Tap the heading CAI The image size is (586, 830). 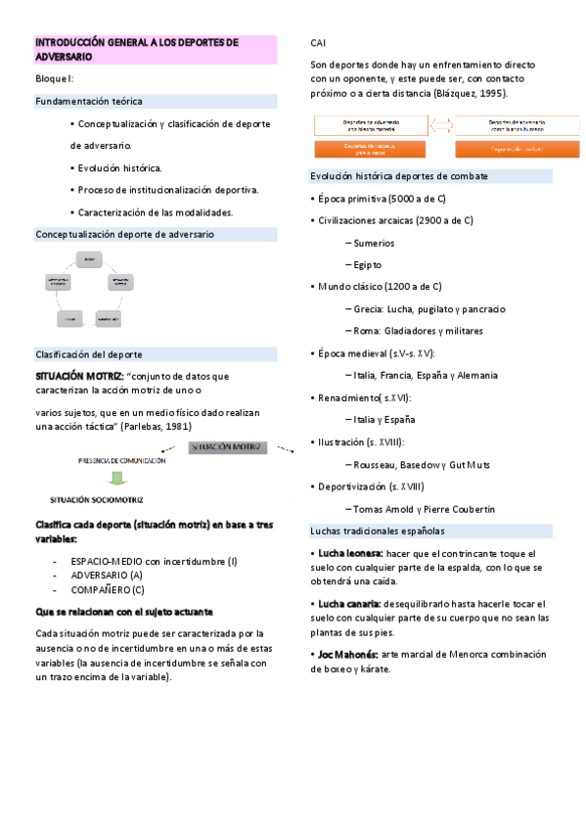[x=319, y=44]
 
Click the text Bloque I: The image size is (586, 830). [x=55, y=77]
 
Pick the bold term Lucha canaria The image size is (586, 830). [x=342, y=604]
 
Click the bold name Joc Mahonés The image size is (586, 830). [x=342, y=654]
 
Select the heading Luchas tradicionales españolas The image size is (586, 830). [x=377, y=530]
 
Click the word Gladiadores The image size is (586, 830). [x=416, y=330]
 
